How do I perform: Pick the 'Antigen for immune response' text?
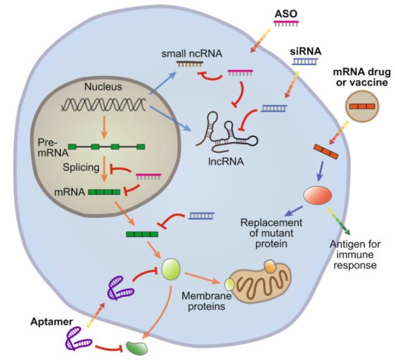point(353,254)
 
